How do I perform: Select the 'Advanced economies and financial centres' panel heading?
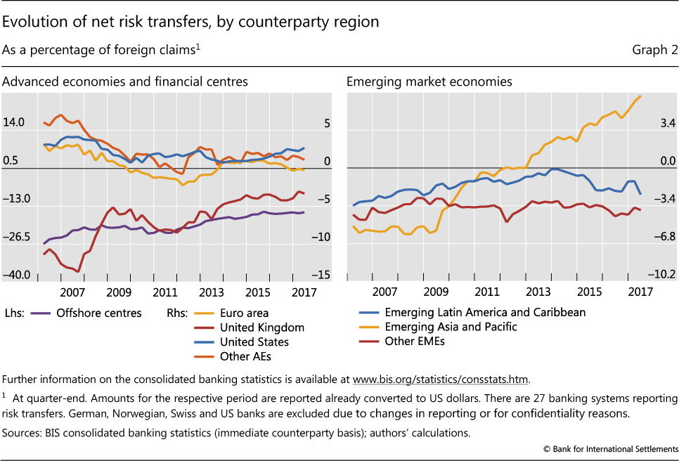125,82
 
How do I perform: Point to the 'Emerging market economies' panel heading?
429,82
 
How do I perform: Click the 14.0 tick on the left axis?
14,122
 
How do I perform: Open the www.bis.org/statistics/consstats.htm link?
440,379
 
